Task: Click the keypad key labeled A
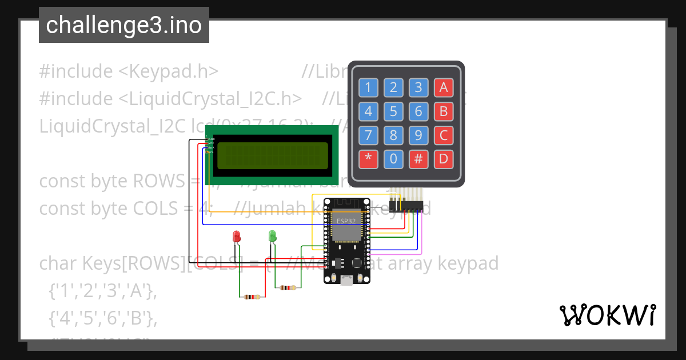coord(443,87)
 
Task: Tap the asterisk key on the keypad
coord(368,158)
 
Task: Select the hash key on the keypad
coord(418,158)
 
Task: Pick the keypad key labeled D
coord(443,158)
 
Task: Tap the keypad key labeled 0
coord(393,158)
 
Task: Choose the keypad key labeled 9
coord(418,135)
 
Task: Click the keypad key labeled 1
coord(368,87)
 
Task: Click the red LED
coord(237,236)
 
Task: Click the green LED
coord(273,235)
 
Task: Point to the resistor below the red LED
coord(251,297)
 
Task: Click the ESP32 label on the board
coord(345,221)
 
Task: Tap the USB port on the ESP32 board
coord(346,279)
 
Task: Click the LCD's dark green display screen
coord(273,156)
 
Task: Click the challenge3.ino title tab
coord(124,25)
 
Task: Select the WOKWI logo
coord(607,315)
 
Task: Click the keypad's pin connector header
coord(405,204)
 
